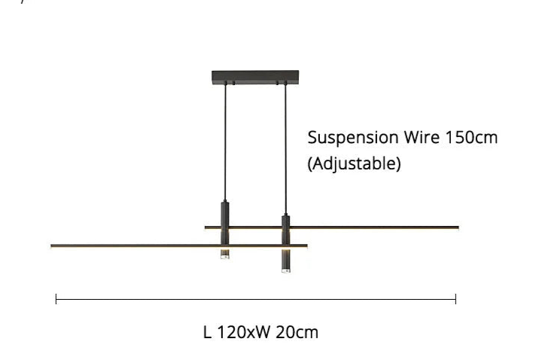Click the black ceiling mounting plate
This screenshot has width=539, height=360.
(255, 76)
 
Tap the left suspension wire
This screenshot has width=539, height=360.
(226, 142)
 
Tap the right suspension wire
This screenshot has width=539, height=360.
(285, 148)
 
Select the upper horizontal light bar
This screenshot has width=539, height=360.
(332, 227)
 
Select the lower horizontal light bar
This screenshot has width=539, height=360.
(178, 246)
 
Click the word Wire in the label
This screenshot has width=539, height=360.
(422, 137)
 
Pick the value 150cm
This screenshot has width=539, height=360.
(471, 137)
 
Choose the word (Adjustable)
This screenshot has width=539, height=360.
(354, 163)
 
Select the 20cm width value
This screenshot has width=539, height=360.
(297, 332)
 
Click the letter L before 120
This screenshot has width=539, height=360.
(207, 332)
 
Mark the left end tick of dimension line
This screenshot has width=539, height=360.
(56, 299)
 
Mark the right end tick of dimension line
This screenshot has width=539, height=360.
(455, 299)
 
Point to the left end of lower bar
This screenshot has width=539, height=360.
(51, 246)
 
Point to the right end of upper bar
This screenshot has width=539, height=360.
(459, 227)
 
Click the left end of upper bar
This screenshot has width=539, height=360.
(205, 227)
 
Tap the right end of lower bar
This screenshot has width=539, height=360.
(307, 246)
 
